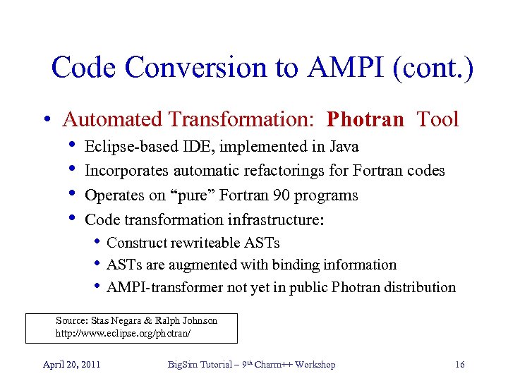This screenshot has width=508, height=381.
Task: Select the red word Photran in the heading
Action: tap(365, 119)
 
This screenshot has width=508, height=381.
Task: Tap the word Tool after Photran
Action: tap(437, 119)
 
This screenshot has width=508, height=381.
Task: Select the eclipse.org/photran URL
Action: tap(123, 332)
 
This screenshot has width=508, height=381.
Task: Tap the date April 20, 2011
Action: tap(71, 364)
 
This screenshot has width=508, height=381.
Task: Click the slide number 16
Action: tap(459, 364)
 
